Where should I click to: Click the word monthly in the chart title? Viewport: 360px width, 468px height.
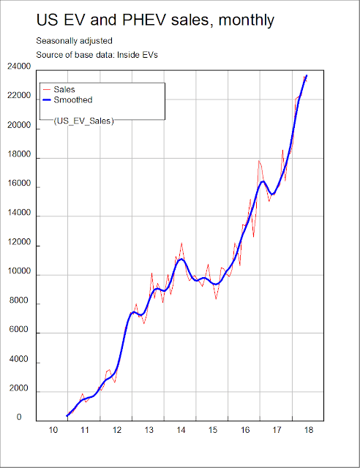246,20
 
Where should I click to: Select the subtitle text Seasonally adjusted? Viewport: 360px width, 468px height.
74,41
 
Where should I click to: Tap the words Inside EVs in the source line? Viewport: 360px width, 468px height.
137,55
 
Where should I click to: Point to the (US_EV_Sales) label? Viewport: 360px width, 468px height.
83,121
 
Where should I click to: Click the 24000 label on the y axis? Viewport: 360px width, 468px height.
19,67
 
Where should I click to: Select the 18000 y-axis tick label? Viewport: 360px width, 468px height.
19,154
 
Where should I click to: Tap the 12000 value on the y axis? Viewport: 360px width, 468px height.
19,242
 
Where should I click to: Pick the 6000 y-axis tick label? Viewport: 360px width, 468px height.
18,330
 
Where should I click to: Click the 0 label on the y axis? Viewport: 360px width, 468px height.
19,418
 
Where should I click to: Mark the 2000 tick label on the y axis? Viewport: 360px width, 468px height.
18,388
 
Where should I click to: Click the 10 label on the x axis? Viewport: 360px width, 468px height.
53,430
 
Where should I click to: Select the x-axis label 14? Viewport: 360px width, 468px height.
181,430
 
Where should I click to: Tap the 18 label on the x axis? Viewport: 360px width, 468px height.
309,430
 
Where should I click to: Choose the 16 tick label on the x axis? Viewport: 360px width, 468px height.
245,430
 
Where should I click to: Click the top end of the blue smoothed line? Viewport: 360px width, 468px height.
307,75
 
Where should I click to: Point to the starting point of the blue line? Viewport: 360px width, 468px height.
67,415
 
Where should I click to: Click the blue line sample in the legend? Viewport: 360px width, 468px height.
47,100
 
